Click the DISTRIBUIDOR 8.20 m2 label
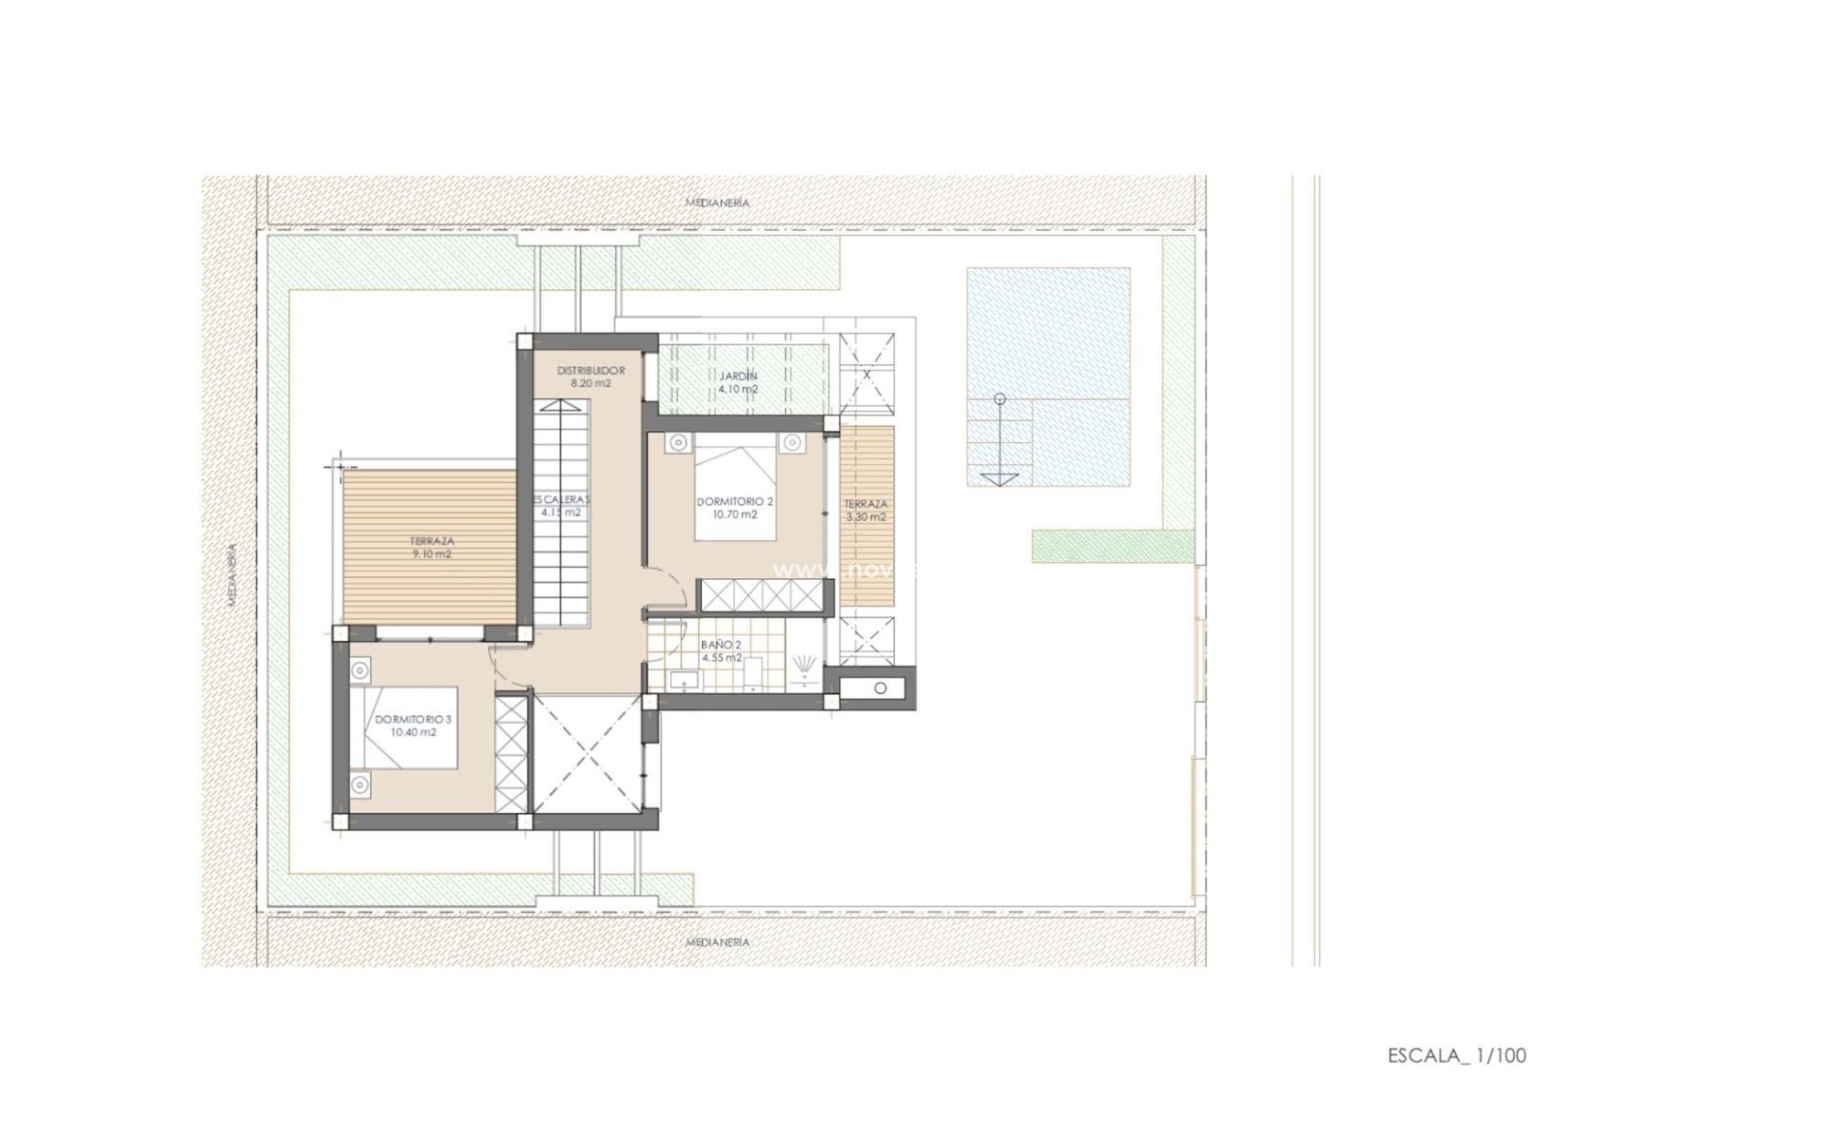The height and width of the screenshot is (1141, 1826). pos(590,377)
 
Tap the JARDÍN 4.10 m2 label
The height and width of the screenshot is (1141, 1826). pos(738,382)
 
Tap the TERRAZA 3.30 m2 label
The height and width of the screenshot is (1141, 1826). pos(865,511)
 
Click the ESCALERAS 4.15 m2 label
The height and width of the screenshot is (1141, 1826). pos(561,505)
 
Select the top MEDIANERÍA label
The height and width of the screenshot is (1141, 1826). pos(717,203)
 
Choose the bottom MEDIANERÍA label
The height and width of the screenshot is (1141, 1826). pos(717,942)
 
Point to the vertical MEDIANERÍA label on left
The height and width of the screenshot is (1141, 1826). pos(231,574)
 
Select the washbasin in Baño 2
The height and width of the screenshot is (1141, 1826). pos(684,679)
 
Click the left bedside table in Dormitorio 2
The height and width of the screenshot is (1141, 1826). pos(676,443)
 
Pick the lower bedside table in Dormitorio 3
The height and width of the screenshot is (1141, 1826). pos(359,784)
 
